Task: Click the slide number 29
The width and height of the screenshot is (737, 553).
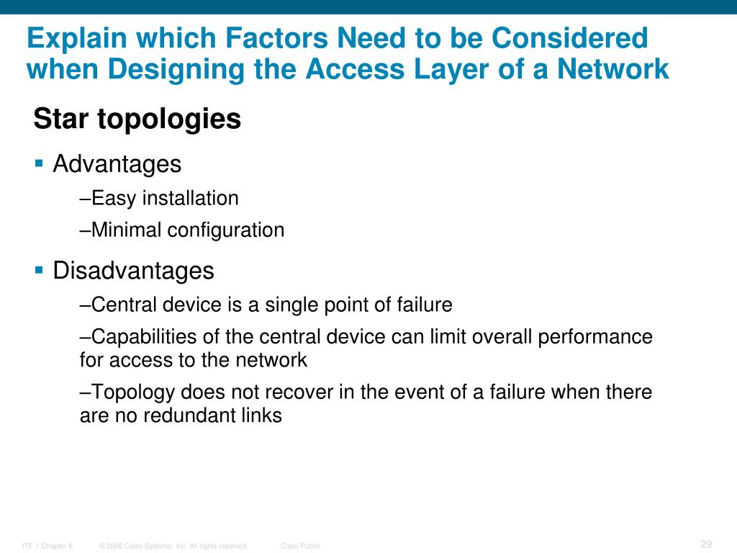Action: (x=705, y=544)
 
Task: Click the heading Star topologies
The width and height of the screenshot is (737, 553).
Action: (x=137, y=120)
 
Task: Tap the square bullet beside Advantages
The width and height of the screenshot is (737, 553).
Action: (x=39, y=163)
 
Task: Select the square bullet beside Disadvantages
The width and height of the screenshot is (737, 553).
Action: (x=39, y=270)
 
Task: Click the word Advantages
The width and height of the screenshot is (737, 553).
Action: (x=117, y=164)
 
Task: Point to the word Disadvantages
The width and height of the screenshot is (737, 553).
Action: (x=134, y=271)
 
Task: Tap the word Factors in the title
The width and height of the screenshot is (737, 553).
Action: (x=257, y=38)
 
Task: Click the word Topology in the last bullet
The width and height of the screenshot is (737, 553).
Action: (x=134, y=392)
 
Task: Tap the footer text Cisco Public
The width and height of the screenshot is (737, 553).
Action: (x=300, y=547)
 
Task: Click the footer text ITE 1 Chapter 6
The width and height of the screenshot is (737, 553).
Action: (x=48, y=547)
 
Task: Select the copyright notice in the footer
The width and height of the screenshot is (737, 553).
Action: (x=173, y=547)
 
